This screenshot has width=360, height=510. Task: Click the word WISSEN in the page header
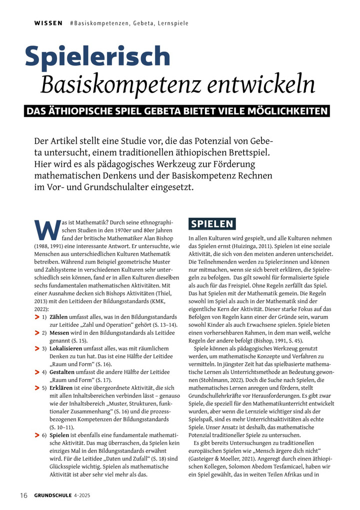(x=48, y=23)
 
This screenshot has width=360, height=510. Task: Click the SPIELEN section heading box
(x=211, y=224)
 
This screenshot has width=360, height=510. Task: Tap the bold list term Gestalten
(x=62, y=372)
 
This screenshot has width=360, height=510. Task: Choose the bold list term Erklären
(x=61, y=387)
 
